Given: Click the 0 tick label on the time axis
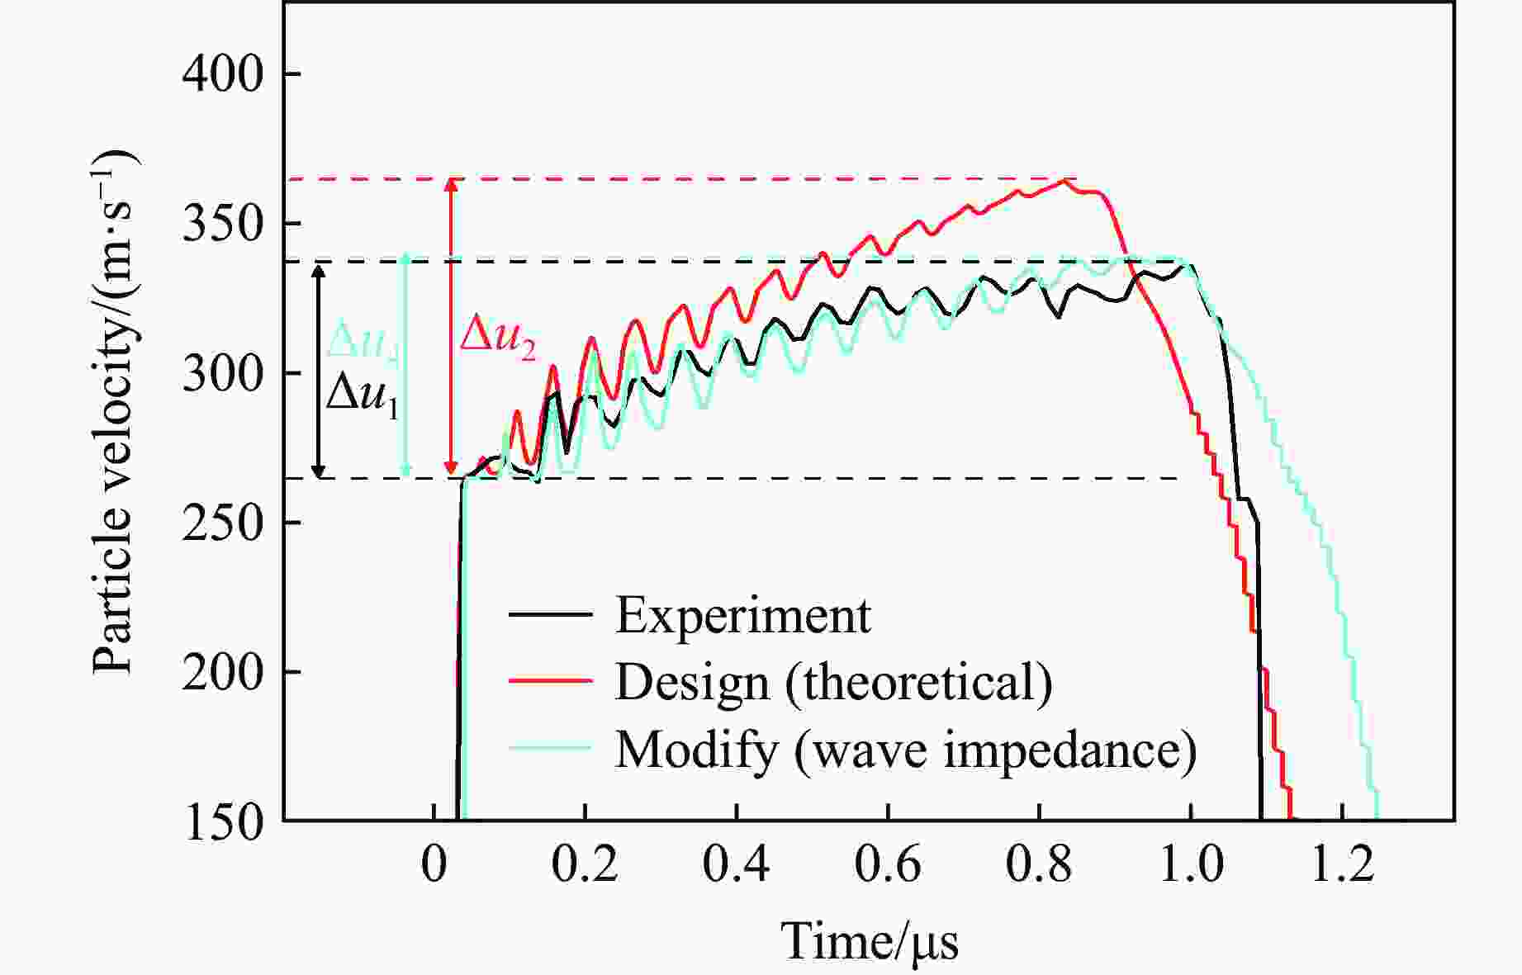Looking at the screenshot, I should point(434,865).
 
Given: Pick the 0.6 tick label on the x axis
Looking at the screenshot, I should point(887,865).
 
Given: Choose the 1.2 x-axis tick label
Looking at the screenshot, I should point(1341,865).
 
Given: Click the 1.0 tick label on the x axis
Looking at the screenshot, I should point(1190,865).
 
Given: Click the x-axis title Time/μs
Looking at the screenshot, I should point(870,942).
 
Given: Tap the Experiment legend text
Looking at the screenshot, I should point(742,615).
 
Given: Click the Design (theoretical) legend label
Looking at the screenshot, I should point(833,683).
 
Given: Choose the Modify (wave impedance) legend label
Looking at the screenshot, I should point(905,750).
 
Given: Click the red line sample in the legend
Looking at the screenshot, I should point(551,681).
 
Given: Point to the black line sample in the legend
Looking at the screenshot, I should point(551,614).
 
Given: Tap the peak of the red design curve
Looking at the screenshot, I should point(1064,181).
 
